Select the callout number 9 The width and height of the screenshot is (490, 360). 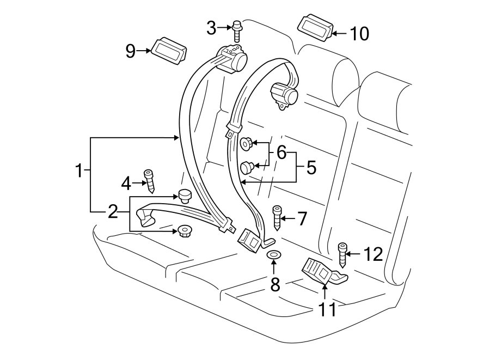tap(131, 51)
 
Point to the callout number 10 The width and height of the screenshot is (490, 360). tap(359, 34)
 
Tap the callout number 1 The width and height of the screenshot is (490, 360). tap(79, 172)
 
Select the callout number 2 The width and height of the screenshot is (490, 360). tap(113, 211)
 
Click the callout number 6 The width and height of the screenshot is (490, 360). tap(281, 153)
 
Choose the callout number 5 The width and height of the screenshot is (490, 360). tap(311, 167)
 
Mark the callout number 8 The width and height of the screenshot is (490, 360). tap(275, 284)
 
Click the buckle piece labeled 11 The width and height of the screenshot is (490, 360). tap(321, 271)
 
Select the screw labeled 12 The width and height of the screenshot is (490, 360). tap(343, 253)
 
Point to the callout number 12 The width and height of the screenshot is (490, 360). tap(373, 254)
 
